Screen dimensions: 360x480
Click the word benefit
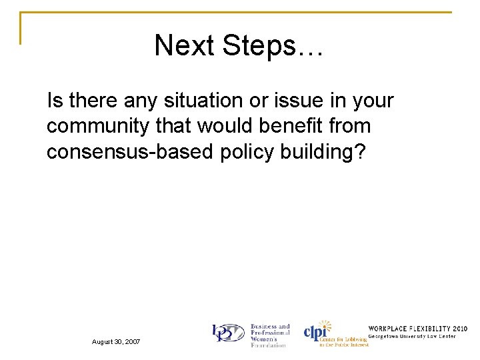coord(293,126)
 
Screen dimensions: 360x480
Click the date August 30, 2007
coord(116,341)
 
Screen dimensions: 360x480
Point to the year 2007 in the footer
coord(131,341)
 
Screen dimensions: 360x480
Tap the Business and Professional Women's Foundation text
coord(269,335)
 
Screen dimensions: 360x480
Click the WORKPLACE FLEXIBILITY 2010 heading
coord(417,329)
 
